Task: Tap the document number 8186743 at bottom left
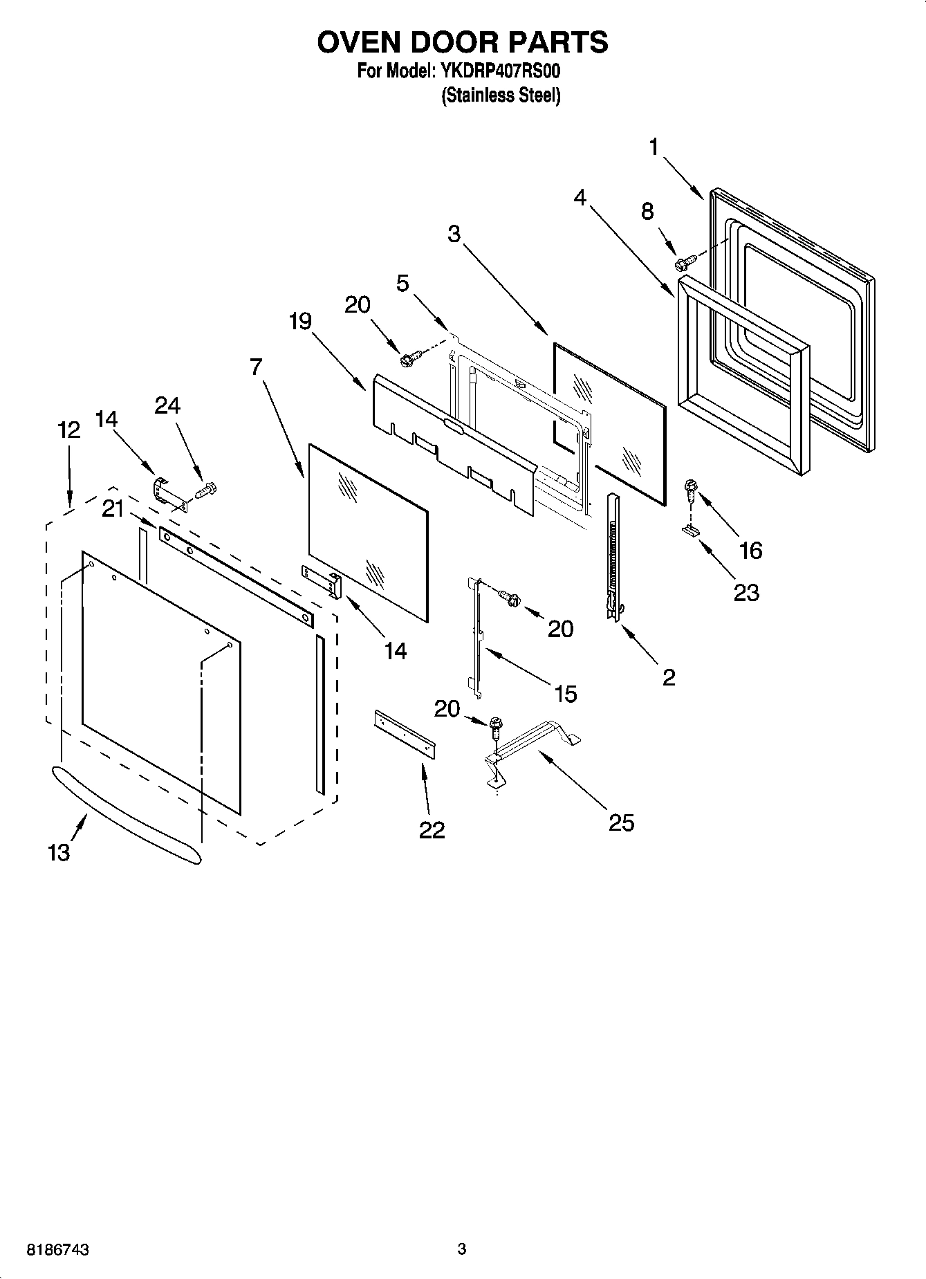[58, 1249]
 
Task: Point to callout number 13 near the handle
[59, 852]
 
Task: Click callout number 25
[621, 822]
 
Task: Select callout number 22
[432, 829]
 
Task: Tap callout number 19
[301, 322]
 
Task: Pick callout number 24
[167, 406]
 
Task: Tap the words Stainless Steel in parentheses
[501, 95]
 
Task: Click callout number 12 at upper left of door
[68, 430]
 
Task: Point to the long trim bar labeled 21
[235, 574]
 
